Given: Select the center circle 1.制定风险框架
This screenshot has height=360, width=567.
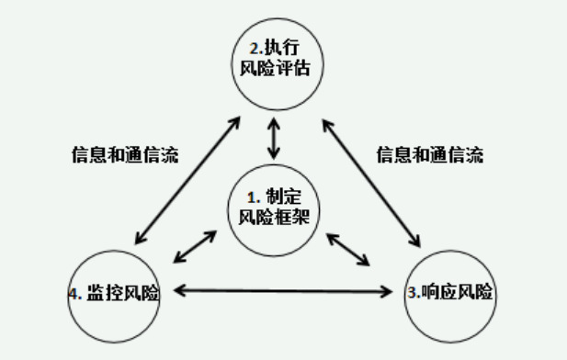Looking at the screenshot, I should pyautogui.click(x=273, y=208).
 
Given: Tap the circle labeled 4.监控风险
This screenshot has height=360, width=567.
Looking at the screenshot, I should pyautogui.click(x=114, y=295).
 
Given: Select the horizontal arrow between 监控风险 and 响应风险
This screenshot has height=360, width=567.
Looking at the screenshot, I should pyautogui.click(x=283, y=293).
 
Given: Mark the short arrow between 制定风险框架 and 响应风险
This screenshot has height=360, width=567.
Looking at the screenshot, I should pyautogui.click(x=350, y=248).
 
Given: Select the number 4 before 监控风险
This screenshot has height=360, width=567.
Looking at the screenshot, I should pyautogui.click(x=73, y=294).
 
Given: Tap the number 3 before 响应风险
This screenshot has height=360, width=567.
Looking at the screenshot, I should pyautogui.click(x=412, y=294).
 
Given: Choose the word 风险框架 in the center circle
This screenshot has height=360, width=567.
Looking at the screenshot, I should pyautogui.click(x=273, y=218).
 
